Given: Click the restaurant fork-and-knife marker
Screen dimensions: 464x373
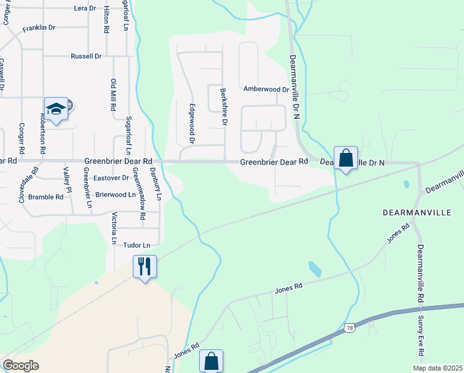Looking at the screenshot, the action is [145, 267].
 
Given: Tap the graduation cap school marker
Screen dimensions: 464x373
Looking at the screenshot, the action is [56, 109].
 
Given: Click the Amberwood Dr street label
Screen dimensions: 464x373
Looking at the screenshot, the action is [266, 89].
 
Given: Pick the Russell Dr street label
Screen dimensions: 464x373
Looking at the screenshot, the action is [86, 56].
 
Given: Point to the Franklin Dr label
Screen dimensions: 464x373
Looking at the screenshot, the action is [39, 28].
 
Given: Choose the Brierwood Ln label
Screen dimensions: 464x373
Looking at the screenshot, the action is [114, 195].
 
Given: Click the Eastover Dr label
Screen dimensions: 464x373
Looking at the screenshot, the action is [110, 178].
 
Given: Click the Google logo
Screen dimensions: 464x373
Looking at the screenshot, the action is [20, 366].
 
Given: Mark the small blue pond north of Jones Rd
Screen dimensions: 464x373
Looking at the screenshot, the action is [315, 269].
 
